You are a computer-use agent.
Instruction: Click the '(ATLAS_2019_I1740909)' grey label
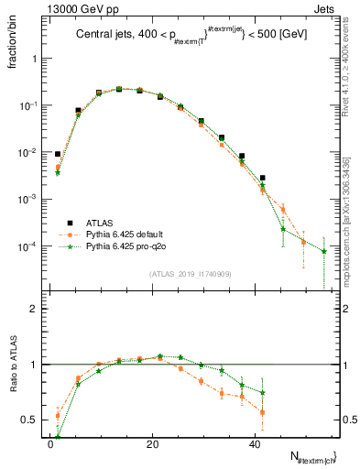(190, 274)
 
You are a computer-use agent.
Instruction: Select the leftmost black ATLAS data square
(57, 155)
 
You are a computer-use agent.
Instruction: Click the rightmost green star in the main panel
(323, 251)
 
